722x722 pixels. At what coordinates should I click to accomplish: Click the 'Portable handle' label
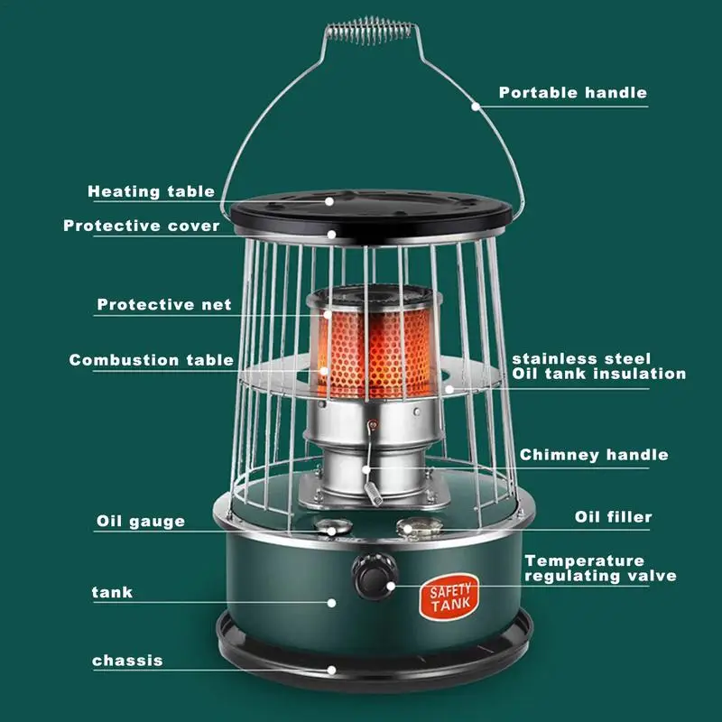573,93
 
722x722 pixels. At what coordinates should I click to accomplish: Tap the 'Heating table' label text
151,191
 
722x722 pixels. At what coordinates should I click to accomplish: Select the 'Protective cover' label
142,226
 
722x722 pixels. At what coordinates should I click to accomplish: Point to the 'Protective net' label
164,304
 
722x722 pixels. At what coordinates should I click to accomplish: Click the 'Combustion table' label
151,359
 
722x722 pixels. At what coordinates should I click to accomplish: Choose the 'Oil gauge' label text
141,522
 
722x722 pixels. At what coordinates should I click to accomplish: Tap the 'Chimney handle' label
594,455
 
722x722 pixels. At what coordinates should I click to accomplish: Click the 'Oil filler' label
614,517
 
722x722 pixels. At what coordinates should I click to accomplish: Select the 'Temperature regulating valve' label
600,569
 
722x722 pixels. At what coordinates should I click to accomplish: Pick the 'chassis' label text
127,661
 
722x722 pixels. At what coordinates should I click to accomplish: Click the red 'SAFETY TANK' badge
449,597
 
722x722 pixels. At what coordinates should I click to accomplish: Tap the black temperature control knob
375,577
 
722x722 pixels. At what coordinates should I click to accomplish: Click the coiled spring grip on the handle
371,31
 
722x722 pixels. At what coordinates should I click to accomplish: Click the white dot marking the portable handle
476,106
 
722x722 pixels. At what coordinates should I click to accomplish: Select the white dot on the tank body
331,603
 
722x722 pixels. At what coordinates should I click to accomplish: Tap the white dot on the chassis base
331,670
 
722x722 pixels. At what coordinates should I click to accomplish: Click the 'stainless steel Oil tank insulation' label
599,366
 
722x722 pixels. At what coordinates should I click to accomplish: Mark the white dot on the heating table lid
329,201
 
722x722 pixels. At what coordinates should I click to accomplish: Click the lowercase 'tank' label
112,592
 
